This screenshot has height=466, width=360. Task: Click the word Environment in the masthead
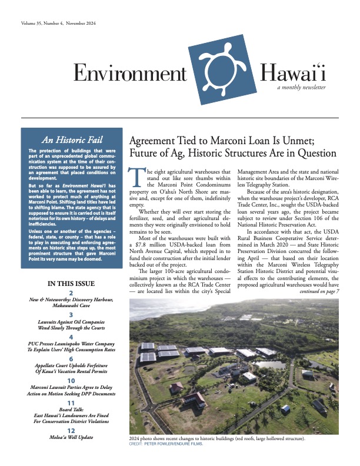click(129, 74)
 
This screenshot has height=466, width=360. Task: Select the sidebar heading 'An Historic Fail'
click(70, 140)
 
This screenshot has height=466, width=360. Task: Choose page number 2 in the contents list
click(71, 293)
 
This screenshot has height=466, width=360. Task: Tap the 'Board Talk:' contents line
click(71, 410)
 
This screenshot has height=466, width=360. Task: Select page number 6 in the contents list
click(71, 358)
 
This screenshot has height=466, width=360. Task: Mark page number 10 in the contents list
click(71, 381)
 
